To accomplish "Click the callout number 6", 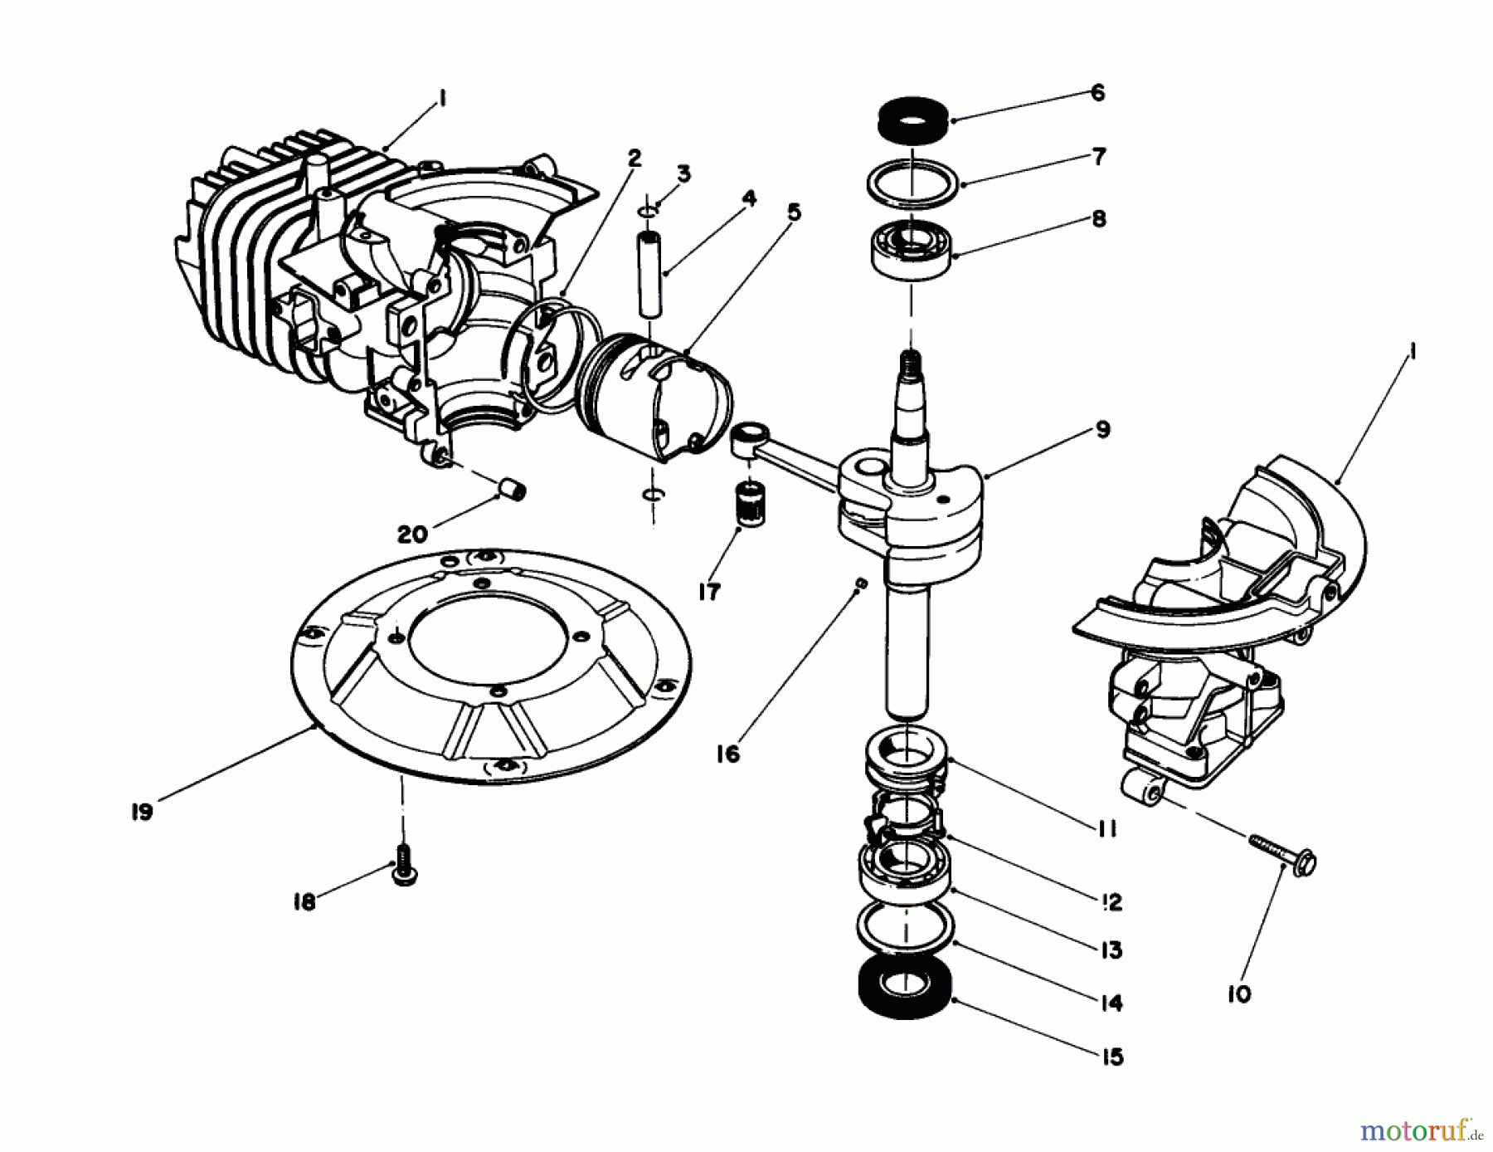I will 1097,93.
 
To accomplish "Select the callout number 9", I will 1102,430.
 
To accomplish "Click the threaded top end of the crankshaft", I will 910,362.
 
